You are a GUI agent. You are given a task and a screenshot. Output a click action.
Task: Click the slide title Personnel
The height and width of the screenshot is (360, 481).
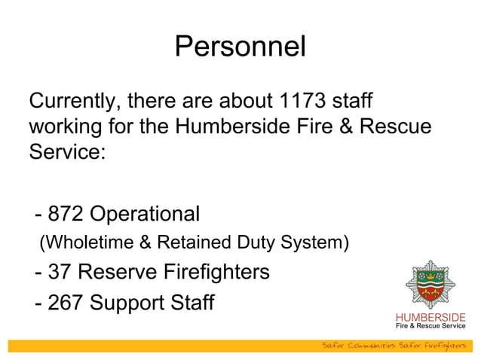(x=240, y=47)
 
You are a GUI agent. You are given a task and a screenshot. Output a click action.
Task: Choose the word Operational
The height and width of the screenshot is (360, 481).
(x=145, y=214)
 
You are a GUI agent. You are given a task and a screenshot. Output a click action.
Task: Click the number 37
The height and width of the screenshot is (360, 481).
(x=60, y=270)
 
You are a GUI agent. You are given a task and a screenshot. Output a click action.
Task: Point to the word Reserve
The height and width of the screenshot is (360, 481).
(x=118, y=270)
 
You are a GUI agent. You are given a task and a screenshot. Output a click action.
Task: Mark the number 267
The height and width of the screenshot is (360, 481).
(x=66, y=303)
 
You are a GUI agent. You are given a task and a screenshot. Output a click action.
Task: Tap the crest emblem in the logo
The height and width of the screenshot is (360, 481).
(x=430, y=284)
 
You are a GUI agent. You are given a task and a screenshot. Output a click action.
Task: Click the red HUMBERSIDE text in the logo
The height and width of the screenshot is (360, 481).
(x=430, y=316)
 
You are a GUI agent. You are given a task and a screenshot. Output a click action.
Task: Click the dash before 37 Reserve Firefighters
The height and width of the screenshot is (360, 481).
(x=38, y=271)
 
